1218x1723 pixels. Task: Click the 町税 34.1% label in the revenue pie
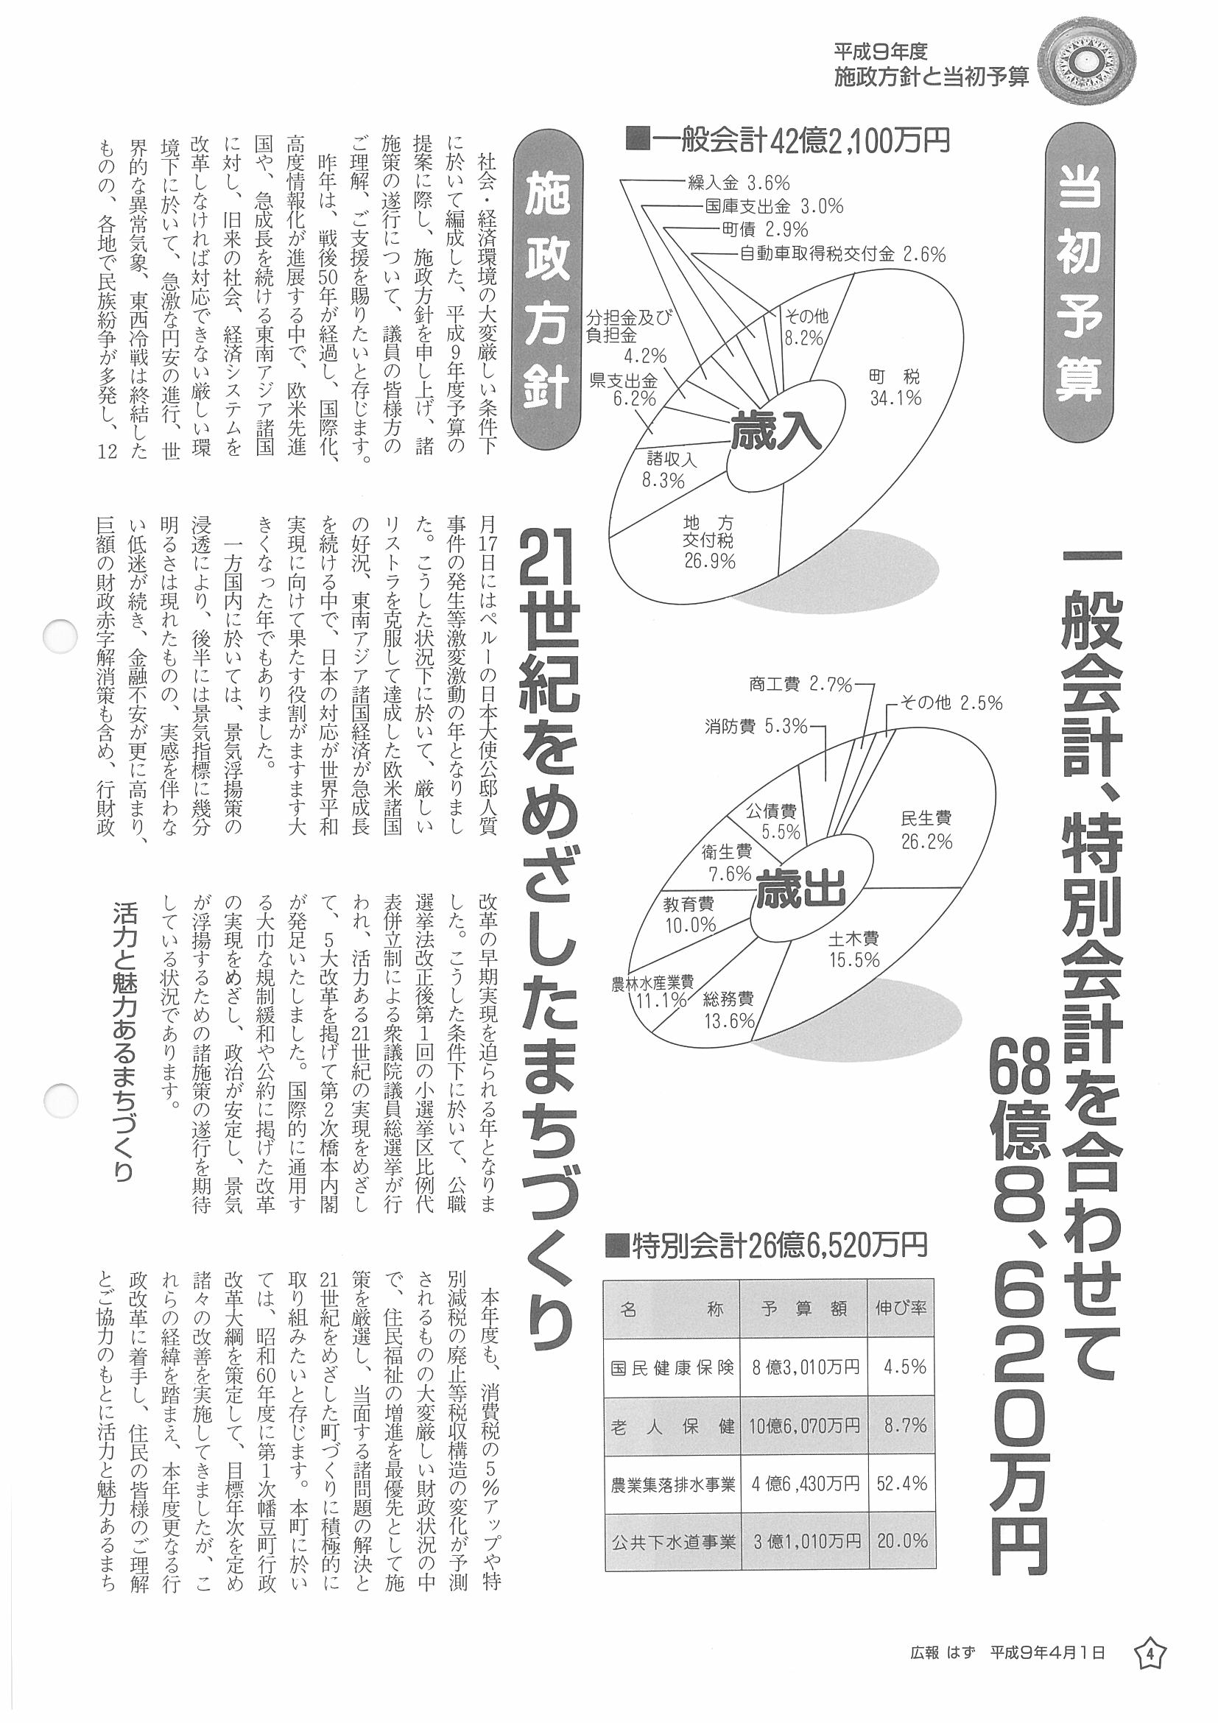[x=895, y=387]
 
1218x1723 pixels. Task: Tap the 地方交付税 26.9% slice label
[x=708, y=542]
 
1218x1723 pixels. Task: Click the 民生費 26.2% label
[x=926, y=829]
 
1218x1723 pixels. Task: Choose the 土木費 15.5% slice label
[x=854, y=948]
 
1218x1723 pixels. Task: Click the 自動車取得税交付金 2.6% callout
[x=842, y=254]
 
